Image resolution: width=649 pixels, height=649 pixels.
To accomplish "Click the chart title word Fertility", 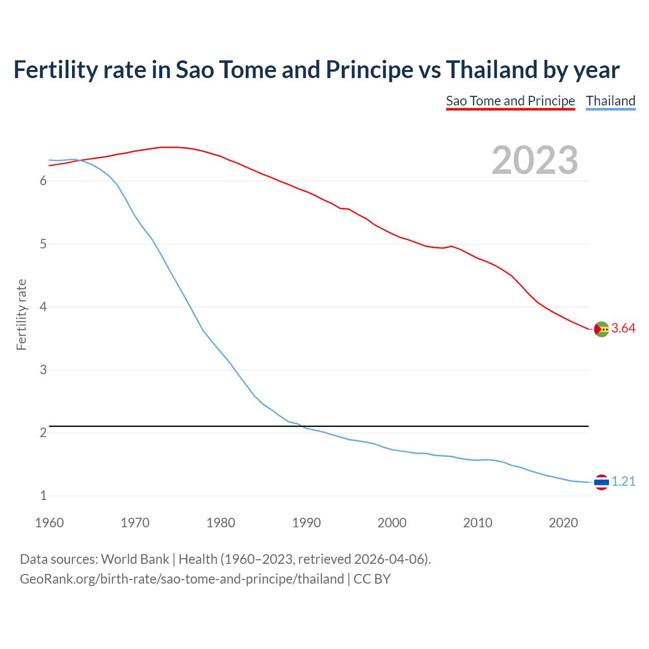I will tap(55, 70).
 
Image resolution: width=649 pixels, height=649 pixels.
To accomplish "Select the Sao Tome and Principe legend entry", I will tap(510, 101).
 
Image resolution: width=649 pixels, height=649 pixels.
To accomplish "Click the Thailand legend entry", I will tap(610, 101).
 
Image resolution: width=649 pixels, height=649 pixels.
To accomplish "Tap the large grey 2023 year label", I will tap(534, 160).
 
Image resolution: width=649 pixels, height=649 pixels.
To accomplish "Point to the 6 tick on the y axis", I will tap(43, 181).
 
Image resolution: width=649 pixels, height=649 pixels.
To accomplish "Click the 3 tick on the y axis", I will tap(43, 370).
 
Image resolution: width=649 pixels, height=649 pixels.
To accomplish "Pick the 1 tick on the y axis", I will tap(43, 495).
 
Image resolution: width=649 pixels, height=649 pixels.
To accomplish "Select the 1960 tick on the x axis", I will tap(49, 523).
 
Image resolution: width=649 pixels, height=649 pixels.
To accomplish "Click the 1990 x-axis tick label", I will tap(306, 523).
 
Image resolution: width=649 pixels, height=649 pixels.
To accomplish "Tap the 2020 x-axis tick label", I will tap(563, 523).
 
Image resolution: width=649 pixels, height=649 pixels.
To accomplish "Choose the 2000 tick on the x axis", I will tap(392, 523).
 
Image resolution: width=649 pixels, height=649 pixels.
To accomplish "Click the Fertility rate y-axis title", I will tap(21, 314).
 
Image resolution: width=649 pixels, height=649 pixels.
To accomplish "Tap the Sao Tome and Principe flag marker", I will tap(601, 329).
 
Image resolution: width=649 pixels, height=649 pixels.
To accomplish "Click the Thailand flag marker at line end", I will tap(601, 482).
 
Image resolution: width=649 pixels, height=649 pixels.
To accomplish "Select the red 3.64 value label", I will tap(623, 329).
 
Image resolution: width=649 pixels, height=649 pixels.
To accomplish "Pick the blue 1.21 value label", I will tap(623, 482).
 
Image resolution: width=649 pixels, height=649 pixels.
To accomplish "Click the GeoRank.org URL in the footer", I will tap(182, 579).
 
